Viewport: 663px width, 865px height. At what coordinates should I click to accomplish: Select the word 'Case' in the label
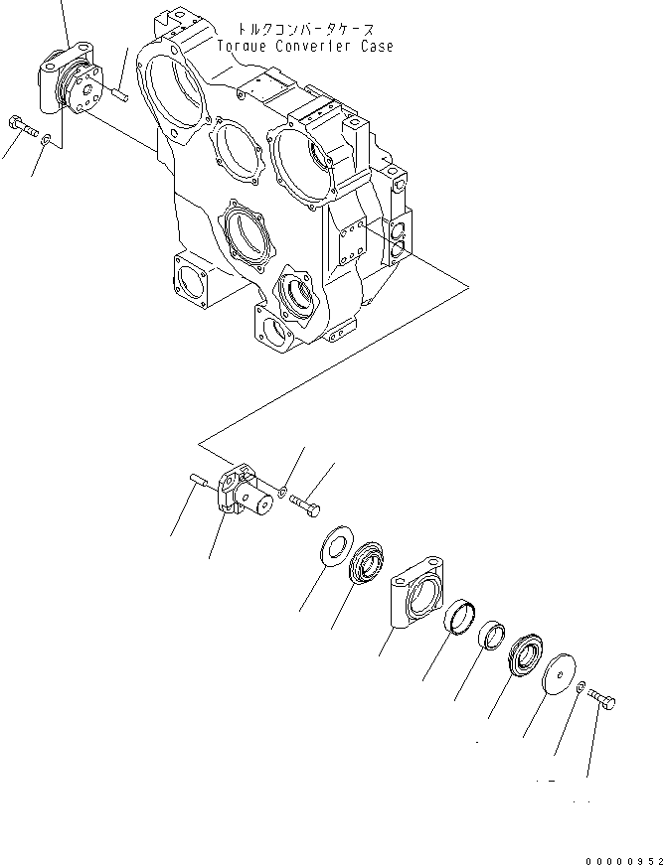[x=377, y=47]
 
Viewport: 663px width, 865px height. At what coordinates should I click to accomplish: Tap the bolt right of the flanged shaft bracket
[x=307, y=505]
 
